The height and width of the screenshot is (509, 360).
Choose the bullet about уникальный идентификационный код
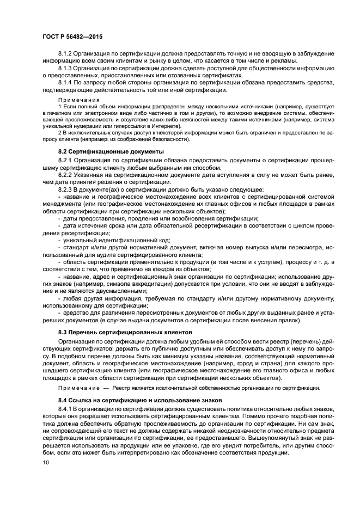click(117, 240)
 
